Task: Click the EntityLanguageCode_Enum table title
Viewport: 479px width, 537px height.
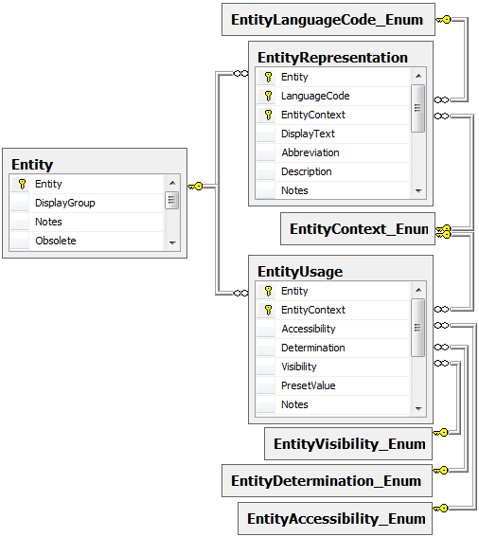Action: pyautogui.click(x=327, y=20)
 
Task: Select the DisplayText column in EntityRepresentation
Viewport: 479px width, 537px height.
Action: pyautogui.click(x=308, y=134)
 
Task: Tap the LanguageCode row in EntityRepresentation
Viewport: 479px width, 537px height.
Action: pyautogui.click(x=315, y=96)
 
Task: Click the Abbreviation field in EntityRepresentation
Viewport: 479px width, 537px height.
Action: pyautogui.click(x=310, y=152)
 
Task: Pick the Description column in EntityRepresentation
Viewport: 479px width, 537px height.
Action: pyautogui.click(x=307, y=171)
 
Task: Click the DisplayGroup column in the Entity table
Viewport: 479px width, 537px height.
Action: pyautogui.click(x=65, y=203)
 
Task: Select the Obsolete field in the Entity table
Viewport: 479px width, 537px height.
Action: pyautogui.click(x=56, y=241)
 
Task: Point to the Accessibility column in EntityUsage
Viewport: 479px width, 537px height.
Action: pyautogui.click(x=309, y=329)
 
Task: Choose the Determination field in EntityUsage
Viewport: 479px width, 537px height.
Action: pyautogui.click(x=313, y=348)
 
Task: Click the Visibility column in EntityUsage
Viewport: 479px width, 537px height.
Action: pyautogui.click(x=299, y=367)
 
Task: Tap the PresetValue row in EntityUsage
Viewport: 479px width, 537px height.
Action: pyautogui.click(x=309, y=385)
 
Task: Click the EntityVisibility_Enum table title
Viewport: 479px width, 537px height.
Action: pyautogui.click(x=349, y=444)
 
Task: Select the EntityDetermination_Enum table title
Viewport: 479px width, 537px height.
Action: pyautogui.click(x=326, y=481)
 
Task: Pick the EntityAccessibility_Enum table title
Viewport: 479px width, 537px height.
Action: pyautogui.click(x=336, y=518)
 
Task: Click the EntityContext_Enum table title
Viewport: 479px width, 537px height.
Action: pyautogui.click(x=359, y=229)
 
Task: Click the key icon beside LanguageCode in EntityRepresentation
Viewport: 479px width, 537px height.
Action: pyautogui.click(x=269, y=96)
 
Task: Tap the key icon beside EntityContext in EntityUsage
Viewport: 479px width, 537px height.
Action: pyautogui.click(x=269, y=310)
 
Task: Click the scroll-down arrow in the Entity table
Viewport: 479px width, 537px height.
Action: pyautogui.click(x=172, y=242)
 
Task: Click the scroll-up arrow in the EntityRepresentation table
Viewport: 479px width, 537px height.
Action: pyautogui.click(x=418, y=76)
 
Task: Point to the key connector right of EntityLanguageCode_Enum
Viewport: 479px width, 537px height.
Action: pyautogui.click(x=444, y=20)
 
